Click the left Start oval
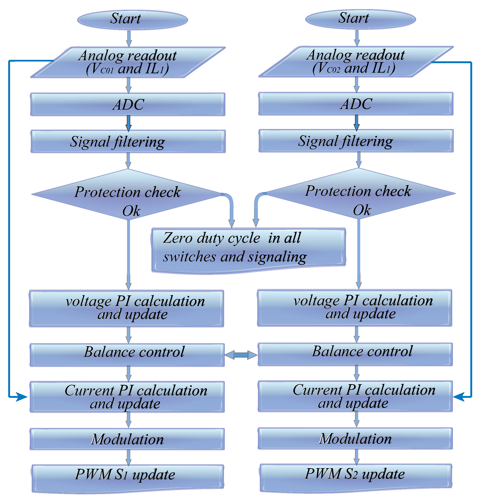[x=133, y=20]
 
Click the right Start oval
[x=360, y=19]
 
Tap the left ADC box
[x=128, y=104]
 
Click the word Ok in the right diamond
[x=362, y=210]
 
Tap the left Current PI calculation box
[x=127, y=397]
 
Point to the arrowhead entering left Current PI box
[x=22, y=397]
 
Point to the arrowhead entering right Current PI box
[x=459, y=396]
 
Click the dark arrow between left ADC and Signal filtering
[x=128, y=123]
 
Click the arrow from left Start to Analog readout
[x=129, y=39]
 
